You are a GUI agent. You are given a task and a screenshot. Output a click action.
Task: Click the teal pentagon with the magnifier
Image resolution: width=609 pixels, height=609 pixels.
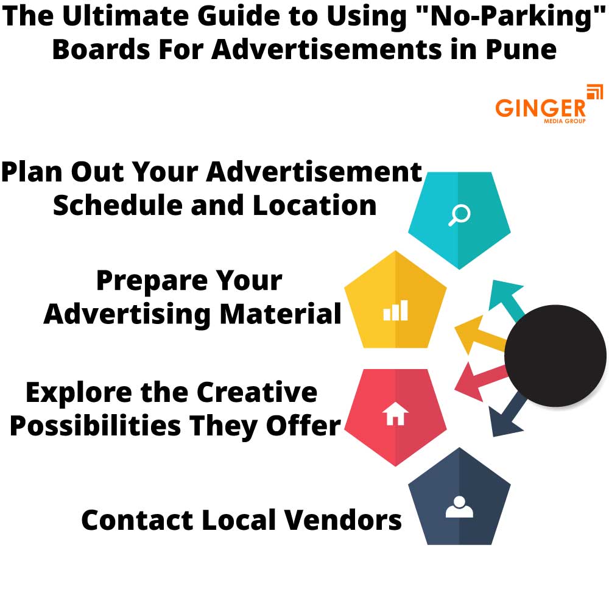coord(459,219)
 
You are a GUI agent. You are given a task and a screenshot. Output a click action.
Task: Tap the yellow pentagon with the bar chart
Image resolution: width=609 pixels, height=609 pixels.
coord(395,301)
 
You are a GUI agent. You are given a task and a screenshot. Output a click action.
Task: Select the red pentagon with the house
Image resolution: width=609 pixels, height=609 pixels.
coord(395,417)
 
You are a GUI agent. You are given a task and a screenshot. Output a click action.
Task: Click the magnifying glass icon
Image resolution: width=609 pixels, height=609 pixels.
coord(459,215)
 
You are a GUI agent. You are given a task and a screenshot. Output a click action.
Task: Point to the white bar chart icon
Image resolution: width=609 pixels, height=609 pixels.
coord(395,311)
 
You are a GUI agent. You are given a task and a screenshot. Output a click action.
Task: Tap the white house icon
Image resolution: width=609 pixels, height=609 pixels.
coord(395,415)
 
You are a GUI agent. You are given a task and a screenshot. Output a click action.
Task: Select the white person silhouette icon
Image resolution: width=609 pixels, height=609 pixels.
coord(459,507)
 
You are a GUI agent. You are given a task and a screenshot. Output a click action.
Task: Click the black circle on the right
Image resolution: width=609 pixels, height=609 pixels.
coord(555,355)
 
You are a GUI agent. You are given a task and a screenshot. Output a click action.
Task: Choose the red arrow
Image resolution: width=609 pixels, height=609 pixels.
coord(478,380)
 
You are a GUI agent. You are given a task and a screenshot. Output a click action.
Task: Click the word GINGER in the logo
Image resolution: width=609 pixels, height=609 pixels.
coord(540,108)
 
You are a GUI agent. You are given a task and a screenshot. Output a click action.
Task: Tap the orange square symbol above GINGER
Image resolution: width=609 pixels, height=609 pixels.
coord(594,93)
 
